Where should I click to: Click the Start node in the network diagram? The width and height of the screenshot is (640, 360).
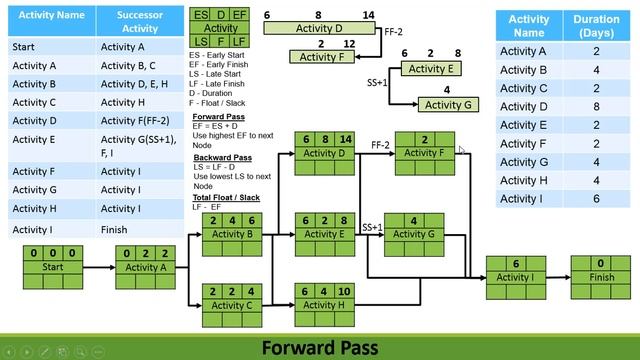click(x=52, y=268)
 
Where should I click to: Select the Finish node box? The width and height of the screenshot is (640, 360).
click(x=601, y=277)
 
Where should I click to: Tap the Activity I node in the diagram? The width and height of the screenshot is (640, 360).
click(x=516, y=277)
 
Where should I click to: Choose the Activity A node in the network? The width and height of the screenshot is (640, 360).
click(x=146, y=268)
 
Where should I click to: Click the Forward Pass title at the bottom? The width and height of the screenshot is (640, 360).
click(x=320, y=347)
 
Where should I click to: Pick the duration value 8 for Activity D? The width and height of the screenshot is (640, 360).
click(x=594, y=106)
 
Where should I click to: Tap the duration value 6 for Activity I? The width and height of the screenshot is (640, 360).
click(x=594, y=198)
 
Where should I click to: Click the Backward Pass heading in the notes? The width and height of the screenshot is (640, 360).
click(x=221, y=157)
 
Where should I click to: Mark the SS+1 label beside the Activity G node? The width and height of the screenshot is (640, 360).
click(x=372, y=227)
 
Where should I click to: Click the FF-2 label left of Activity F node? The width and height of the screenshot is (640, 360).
click(x=380, y=145)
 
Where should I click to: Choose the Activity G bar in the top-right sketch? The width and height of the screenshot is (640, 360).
click(x=444, y=105)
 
